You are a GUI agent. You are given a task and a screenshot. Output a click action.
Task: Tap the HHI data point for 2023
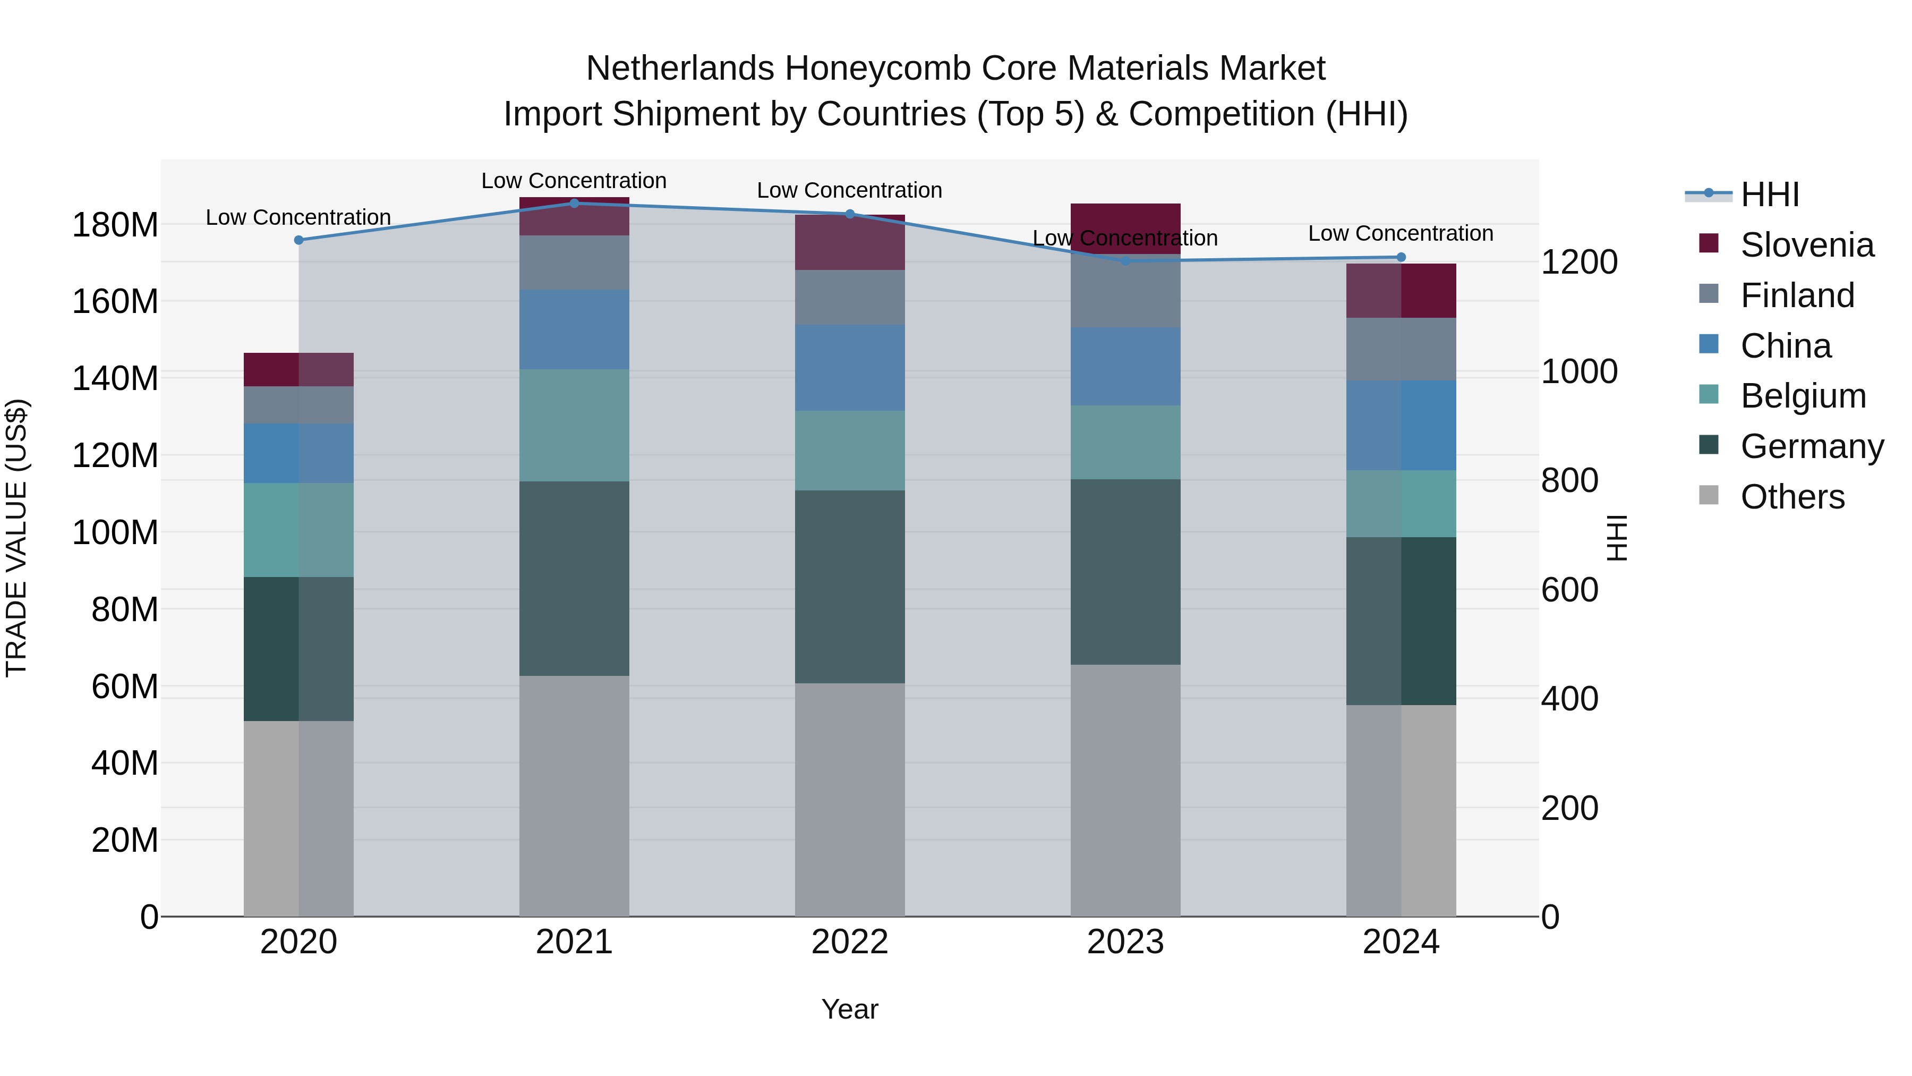tap(1125, 261)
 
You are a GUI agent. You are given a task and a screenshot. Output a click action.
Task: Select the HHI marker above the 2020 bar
tap(299, 240)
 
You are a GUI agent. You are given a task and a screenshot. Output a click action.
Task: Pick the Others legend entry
tap(1792, 497)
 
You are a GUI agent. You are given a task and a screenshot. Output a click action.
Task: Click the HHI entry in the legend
tap(1770, 194)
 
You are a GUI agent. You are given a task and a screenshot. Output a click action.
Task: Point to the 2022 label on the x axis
tap(849, 942)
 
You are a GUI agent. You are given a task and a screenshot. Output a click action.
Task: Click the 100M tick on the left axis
tap(115, 532)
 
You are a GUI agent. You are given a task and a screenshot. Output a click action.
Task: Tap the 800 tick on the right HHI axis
tap(1569, 480)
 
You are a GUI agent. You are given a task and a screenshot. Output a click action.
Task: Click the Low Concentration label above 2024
tap(1400, 233)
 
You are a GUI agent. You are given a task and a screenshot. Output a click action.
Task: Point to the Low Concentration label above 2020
tap(298, 217)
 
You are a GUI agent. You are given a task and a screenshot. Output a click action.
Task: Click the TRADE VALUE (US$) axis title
tap(16, 538)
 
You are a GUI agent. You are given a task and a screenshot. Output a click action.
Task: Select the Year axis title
tap(849, 1009)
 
